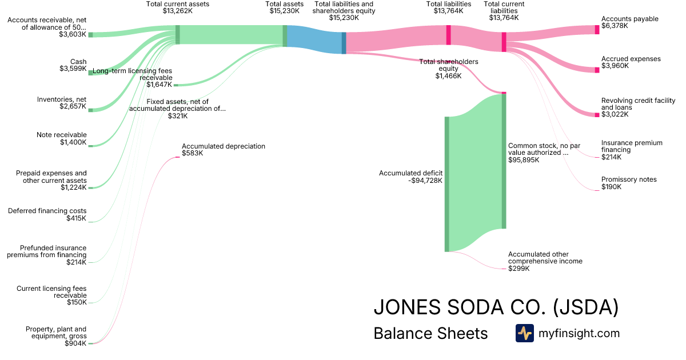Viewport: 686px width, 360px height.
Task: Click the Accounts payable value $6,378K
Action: pyautogui.click(x=615, y=26)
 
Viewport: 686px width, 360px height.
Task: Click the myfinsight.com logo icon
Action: pyautogui.click(x=524, y=333)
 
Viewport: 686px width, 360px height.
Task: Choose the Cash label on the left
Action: pyautogui.click(x=78, y=61)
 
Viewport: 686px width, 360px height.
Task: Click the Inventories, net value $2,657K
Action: pyautogui.click(x=73, y=107)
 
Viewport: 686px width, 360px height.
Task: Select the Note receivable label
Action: pyautogui.click(x=62, y=135)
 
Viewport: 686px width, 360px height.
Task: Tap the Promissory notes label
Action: pyautogui.click(x=629, y=179)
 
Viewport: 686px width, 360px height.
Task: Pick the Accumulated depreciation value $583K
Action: pyautogui.click(x=193, y=153)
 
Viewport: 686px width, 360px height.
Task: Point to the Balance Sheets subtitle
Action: pyautogui.click(x=430, y=334)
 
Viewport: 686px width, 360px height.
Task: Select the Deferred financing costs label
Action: pyautogui.click(x=47, y=211)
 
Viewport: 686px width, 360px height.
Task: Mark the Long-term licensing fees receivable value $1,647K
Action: pyautogui.click(x=159, y=85)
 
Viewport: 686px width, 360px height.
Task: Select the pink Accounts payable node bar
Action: pyautogui.click(x=597, y=30)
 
